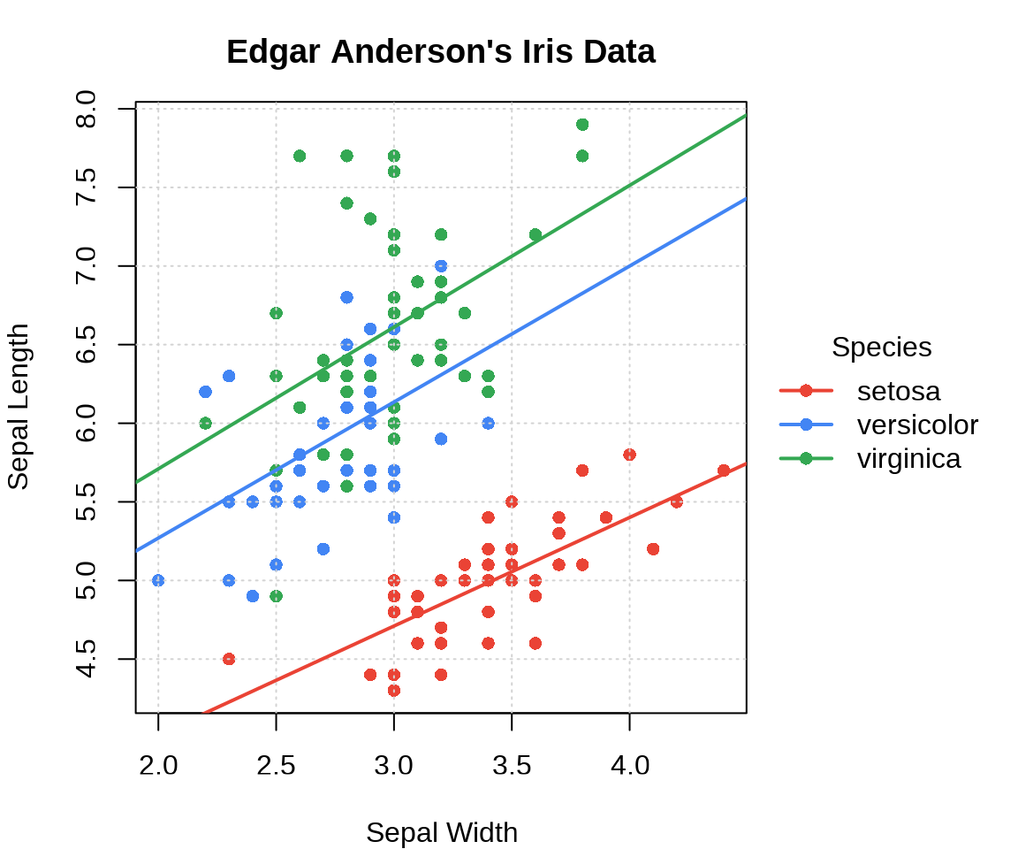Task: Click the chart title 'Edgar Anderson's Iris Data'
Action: click(x=440, y=52)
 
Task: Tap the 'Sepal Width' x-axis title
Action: click(x=441, y=832)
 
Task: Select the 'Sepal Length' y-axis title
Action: click(x=19, y=407)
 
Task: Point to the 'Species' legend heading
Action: click(x=881, y=348)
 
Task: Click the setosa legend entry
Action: click(x=898, y=391)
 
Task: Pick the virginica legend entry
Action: click(x=908, y=459)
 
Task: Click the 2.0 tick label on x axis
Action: click(x=158, y=765)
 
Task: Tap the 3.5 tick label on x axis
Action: click(x=512, y=765)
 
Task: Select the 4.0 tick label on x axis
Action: click(x=629, y=765)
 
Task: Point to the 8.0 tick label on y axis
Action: click(x=87, y=109)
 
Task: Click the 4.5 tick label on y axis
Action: click(x=87, y=659)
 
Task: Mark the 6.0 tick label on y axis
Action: click(x=87, y=423)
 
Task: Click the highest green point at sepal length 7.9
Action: click(x=582, y=125)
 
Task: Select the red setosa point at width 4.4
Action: click(x=724, y=470)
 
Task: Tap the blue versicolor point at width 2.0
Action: click(x=158, y=580)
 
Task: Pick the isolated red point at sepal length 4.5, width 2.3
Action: click(x=229, y=659)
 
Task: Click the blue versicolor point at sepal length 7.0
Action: click(x=441, y=266)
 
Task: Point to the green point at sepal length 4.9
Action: click(x=276, y=596)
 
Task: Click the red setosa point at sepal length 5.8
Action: click(x=629, y=455)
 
